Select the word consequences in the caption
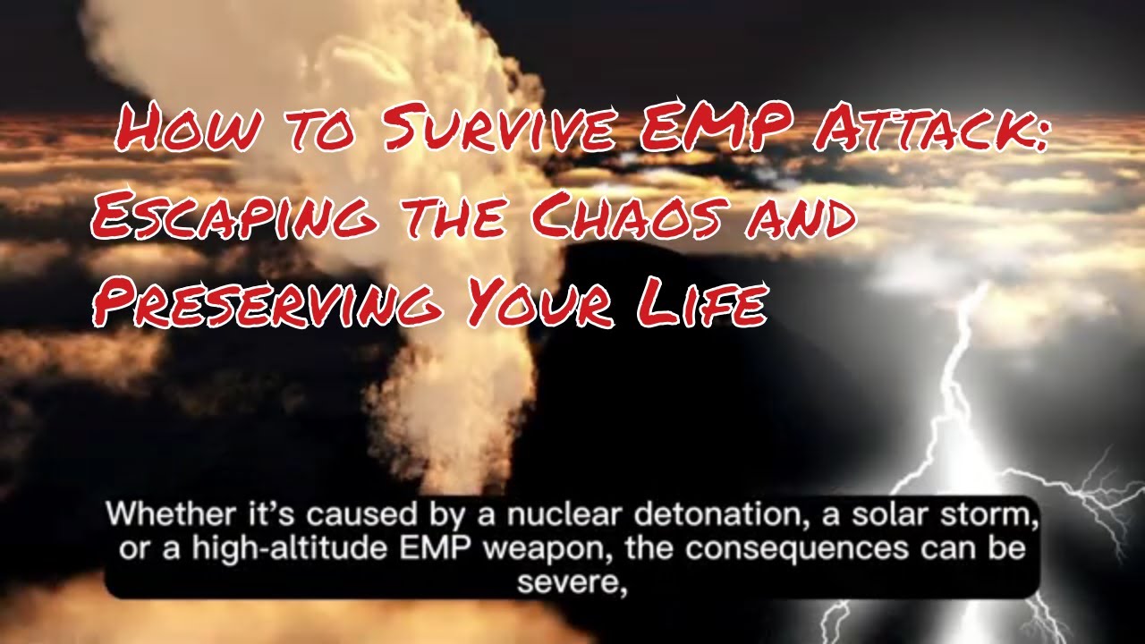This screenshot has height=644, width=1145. [786, 547]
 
